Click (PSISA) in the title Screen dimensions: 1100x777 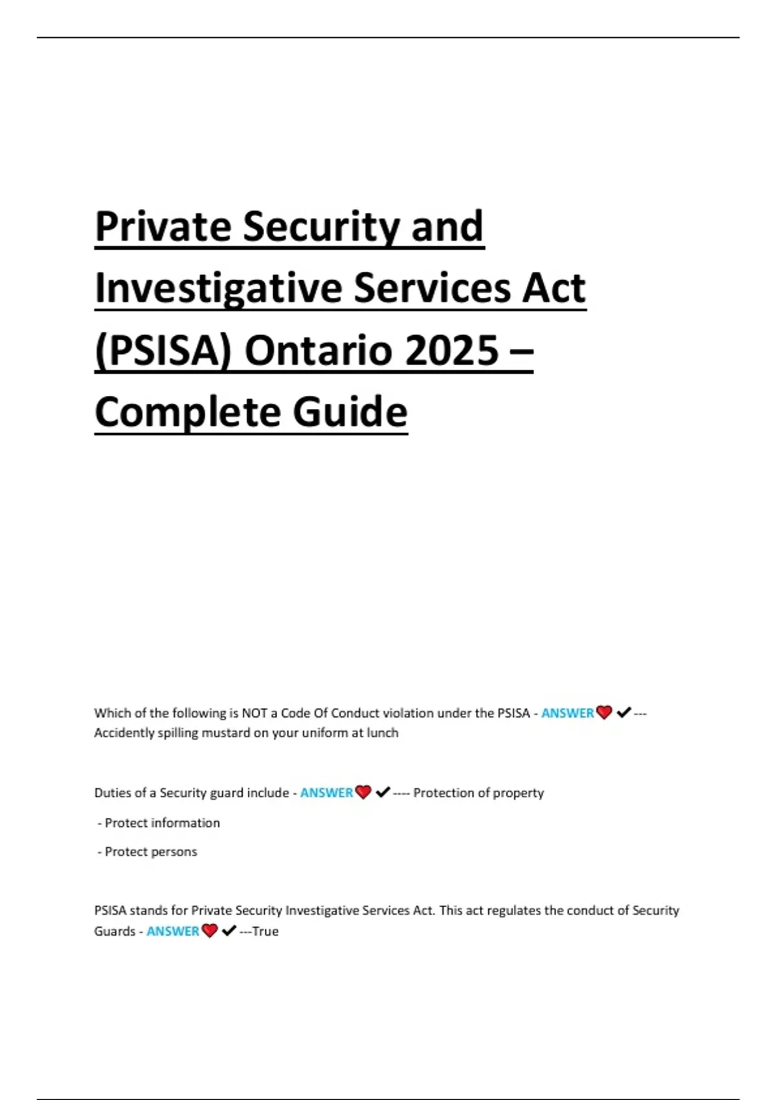click(x=163, y=350)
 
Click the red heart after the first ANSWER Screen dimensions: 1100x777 click(x=604, y=713)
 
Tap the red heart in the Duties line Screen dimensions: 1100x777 click(x=363, y=793)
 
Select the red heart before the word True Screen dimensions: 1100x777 click(x=209, y=931)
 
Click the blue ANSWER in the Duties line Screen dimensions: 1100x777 click(x=326, y=793)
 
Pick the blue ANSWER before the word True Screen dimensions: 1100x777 click(x=173, y=931)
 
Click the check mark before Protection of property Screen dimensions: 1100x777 click(x=383, y=792)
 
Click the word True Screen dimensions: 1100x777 click(x=265, y=931)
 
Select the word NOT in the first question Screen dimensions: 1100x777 click(x=254, y=713)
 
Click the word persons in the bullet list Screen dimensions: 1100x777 click(x=174, y=852)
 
